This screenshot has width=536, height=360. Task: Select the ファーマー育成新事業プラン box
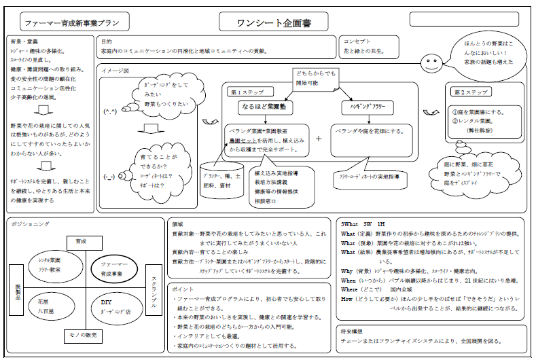click(72, 22)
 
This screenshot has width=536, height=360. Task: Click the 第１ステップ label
click(243, 91)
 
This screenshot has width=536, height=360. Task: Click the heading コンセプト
click(358, 41)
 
